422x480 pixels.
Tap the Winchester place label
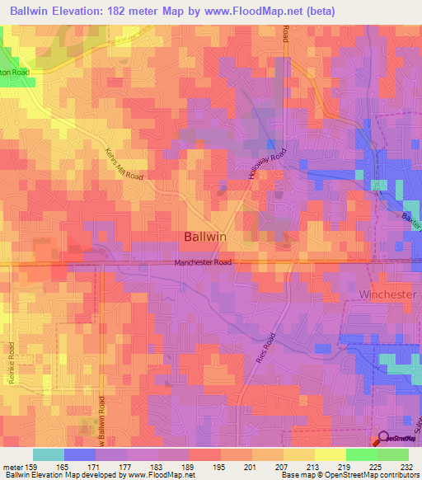(x=389, y=294)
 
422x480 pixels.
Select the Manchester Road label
(x=203, y=263)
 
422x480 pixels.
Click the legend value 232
(x=406, y=466)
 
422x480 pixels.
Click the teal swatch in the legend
(x=49, y=454)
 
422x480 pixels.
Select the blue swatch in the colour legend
(x=80, y=454)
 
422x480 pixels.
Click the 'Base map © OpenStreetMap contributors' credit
(x=349, y=475)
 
